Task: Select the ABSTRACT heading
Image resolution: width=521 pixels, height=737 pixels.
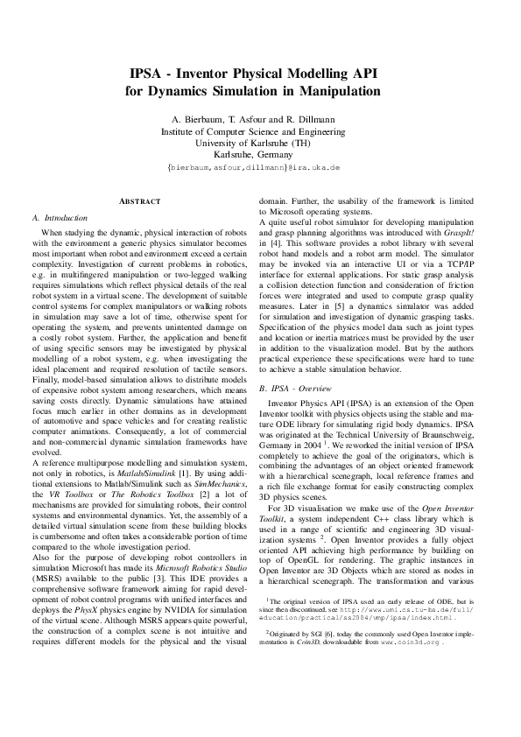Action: tap(140, 202)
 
